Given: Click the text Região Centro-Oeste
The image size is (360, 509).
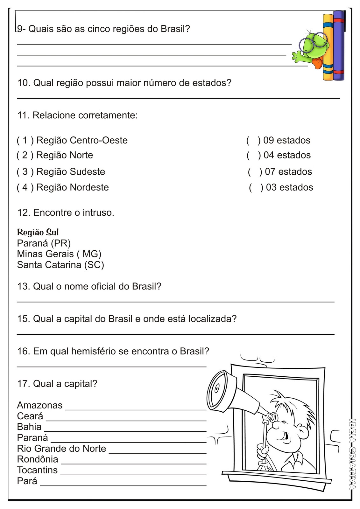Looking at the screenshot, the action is coord(82,140).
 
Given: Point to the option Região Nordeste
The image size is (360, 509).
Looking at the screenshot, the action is coord(73,187).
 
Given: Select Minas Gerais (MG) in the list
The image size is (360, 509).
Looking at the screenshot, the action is coord(59,254).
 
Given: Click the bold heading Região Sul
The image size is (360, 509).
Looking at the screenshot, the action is coord(38,232).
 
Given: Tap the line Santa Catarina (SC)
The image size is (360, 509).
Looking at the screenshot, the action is coord(60,265).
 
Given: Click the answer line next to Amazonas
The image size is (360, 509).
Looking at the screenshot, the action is coord(136,410).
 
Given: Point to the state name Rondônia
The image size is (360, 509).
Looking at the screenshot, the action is coord(38,459).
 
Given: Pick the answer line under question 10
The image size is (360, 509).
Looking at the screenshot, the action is coord(179,98).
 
